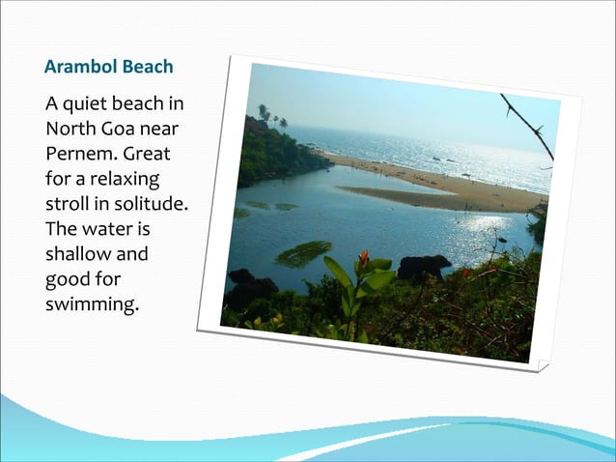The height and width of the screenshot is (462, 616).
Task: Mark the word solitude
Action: [x=151, y=205]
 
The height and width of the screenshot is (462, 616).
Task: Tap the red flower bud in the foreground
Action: [x=363, y=259]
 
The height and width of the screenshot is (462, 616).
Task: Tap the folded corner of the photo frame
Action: [x=543, y=365]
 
